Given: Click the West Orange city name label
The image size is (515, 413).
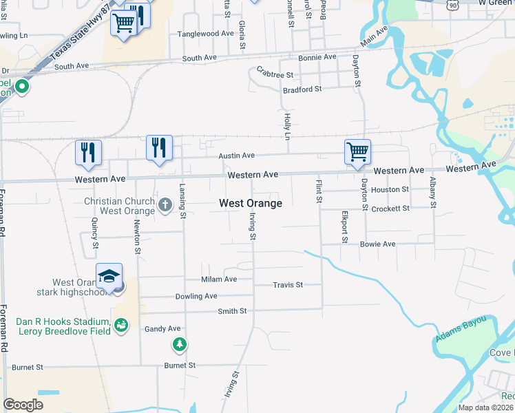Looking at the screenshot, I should click(x=251, y=204).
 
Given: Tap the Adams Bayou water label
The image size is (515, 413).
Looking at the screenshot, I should click(x=461, y=330).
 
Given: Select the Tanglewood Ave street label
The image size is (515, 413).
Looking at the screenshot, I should click(x=206, y=33).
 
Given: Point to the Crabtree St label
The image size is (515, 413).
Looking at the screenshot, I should click(x=275, y=74).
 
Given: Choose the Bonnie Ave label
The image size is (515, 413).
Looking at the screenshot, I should click(x=317, y=56).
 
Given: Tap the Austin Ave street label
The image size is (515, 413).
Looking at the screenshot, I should click(x=237, y=156).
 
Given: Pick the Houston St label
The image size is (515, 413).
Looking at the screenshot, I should click(x=390, y=189).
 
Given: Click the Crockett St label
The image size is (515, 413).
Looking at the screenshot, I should click(x=390, y=208).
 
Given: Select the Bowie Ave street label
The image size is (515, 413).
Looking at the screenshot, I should click(x=378, y=244).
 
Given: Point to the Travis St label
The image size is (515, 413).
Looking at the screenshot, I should click(x=288, y=284).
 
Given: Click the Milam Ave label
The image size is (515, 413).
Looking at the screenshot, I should click(x=219, y=279).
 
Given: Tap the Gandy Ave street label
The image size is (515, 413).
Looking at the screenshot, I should click(x=162, y=329).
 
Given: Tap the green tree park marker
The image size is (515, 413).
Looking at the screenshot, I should click(x=180, y=343).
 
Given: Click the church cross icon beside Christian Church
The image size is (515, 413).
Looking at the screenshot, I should click(x=165, y=204).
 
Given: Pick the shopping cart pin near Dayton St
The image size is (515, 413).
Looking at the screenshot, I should click(x=357, y=151).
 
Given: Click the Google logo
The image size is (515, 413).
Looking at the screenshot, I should click(x=23, y=405).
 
